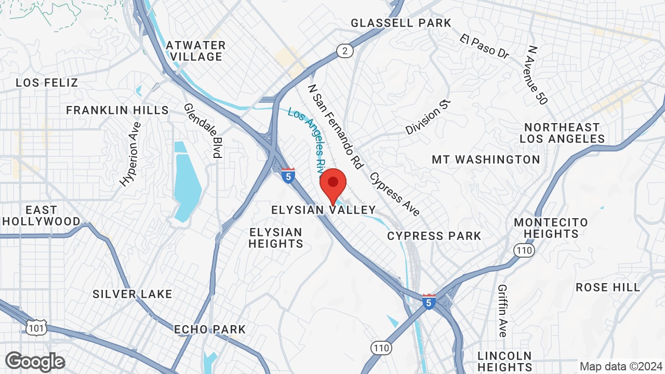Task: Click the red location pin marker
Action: [333, 185]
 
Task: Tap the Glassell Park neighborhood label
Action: [401, 23]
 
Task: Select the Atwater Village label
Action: [196, 51]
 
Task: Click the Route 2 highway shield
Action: [344, 50]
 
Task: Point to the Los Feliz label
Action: [47, 83]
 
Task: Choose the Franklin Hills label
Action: [117, 110]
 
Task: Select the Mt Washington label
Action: [486, 159]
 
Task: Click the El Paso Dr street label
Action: [484, 46]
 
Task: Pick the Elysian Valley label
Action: [323, 210]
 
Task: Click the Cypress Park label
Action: [434, 236]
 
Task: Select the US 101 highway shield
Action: [36, 327]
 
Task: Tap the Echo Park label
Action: [210, 329]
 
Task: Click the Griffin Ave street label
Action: [502, 310]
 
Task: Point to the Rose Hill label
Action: [608, 287]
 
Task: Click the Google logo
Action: [35, 362]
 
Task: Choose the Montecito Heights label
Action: [551, 228]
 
